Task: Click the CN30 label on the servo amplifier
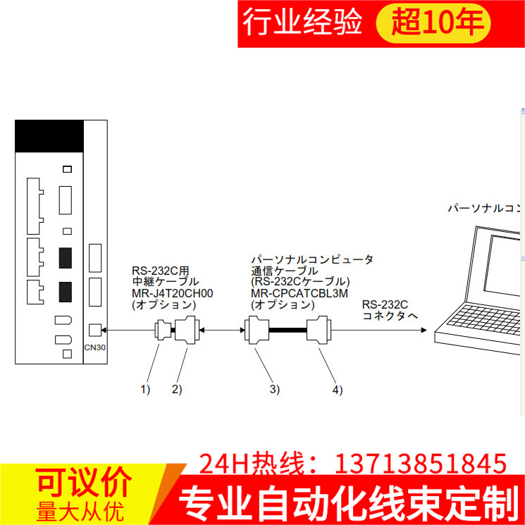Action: pos(95,347)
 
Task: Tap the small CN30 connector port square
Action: pos(96,329)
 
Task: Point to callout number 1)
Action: pos(145,389)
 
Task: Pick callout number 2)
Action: pos(176,389)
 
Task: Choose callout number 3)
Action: pos(274,389)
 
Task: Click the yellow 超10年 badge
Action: pos(440,24)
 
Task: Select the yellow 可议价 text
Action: pos(84,483)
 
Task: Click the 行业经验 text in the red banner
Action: pos(302,23)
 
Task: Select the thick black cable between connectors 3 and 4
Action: pos(288,329)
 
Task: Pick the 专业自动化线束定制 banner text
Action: pos(344,505)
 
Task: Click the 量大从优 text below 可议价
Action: pos(84,509)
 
